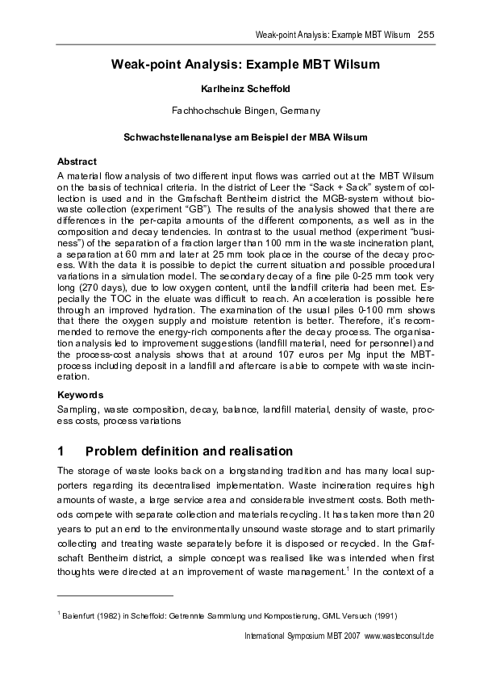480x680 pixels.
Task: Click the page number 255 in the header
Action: pos(427,34)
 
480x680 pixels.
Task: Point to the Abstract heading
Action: pos(77,162)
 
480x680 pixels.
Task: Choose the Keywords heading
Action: pos(81,395)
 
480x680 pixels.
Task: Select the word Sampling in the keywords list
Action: pos(78,409)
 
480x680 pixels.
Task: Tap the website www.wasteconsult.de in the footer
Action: pos(399,636)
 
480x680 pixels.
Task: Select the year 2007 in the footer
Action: pos(350,636)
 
